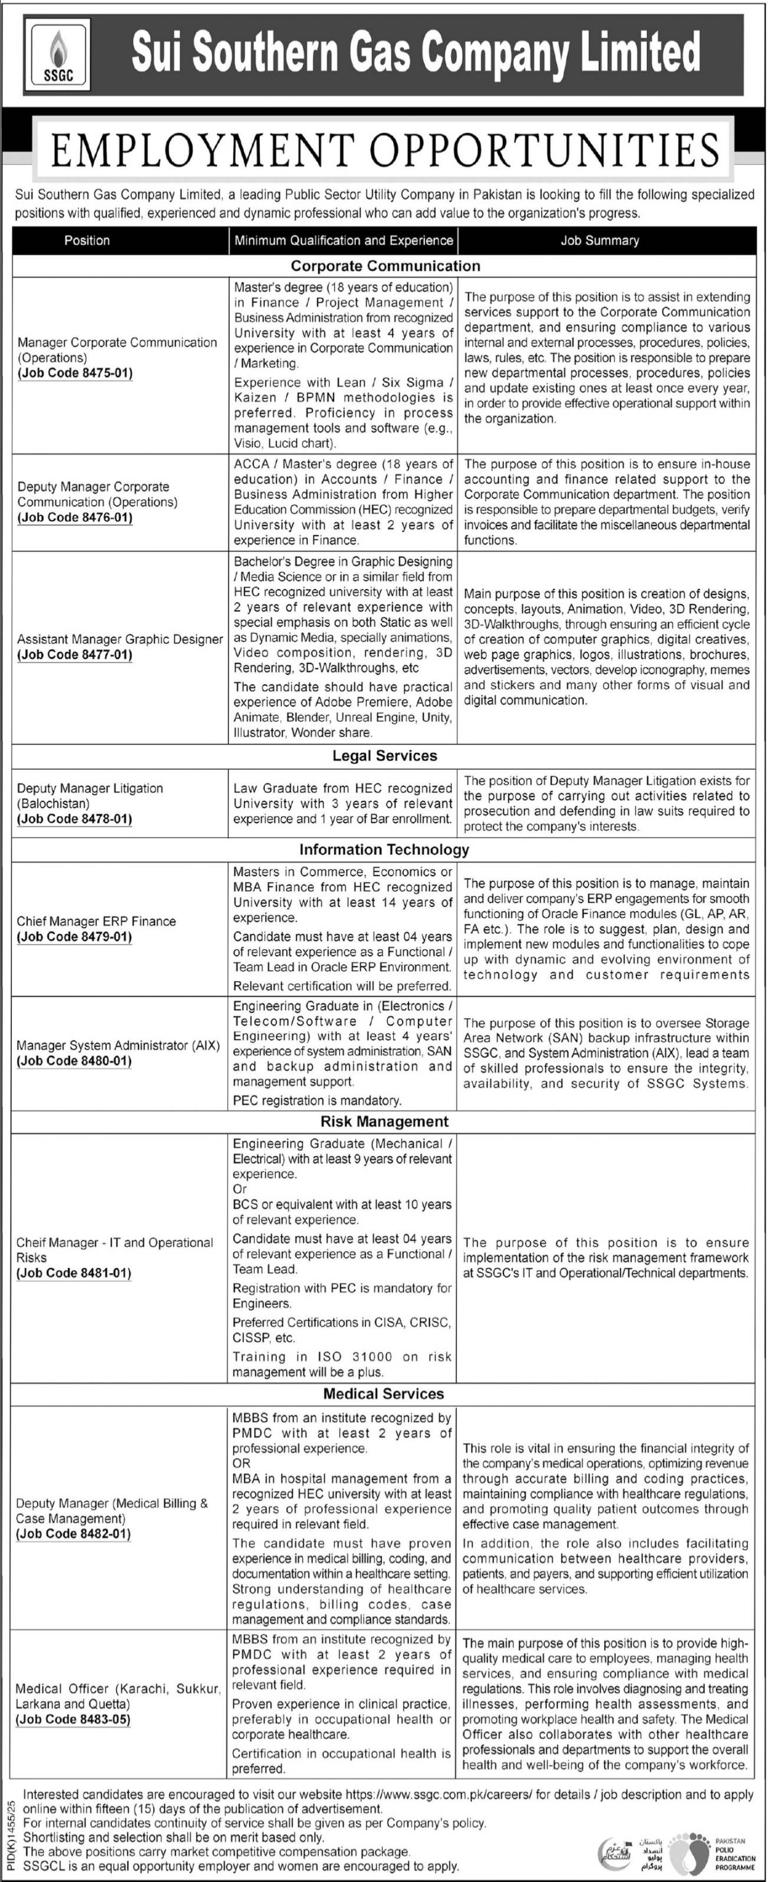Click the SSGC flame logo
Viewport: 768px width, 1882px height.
pos(57,55)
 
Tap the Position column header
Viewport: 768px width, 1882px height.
pos(87,240)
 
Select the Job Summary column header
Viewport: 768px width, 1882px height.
pos(600,240)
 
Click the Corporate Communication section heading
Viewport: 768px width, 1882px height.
pos(385,266)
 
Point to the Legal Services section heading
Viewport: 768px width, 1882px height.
pos(384,755)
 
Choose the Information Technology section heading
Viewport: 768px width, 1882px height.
pos(384,849)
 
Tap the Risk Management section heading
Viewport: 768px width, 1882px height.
pos(384,1121)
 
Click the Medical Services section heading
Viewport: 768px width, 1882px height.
pos(384,1394)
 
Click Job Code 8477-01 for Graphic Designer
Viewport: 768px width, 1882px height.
pos(75,655)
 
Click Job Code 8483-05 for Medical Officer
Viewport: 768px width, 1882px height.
pos(74,1720)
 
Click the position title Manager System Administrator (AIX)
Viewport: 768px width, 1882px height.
pos(118,1045)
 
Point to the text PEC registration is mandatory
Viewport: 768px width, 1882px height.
pos(317,1100)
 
